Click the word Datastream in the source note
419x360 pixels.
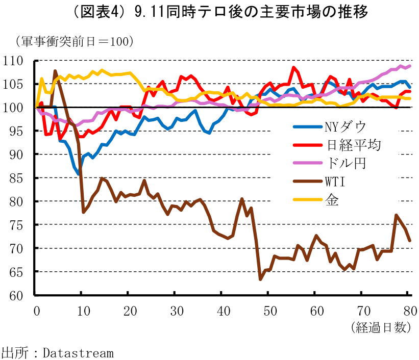coord(78,352)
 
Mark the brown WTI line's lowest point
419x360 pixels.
coord(260,279)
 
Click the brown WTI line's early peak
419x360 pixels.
coord(55,71)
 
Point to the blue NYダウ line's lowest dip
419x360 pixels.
coord(79,174)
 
